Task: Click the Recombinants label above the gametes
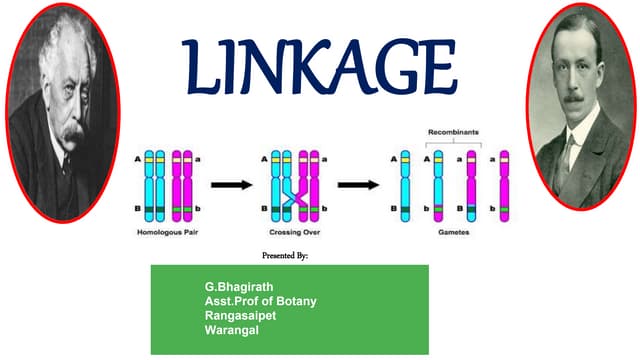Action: coord(454,132)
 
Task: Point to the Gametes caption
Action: coord(453,231)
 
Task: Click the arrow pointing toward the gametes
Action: coord(357,185)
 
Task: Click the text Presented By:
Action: coord(284,256)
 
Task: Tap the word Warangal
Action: coord(231,329)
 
